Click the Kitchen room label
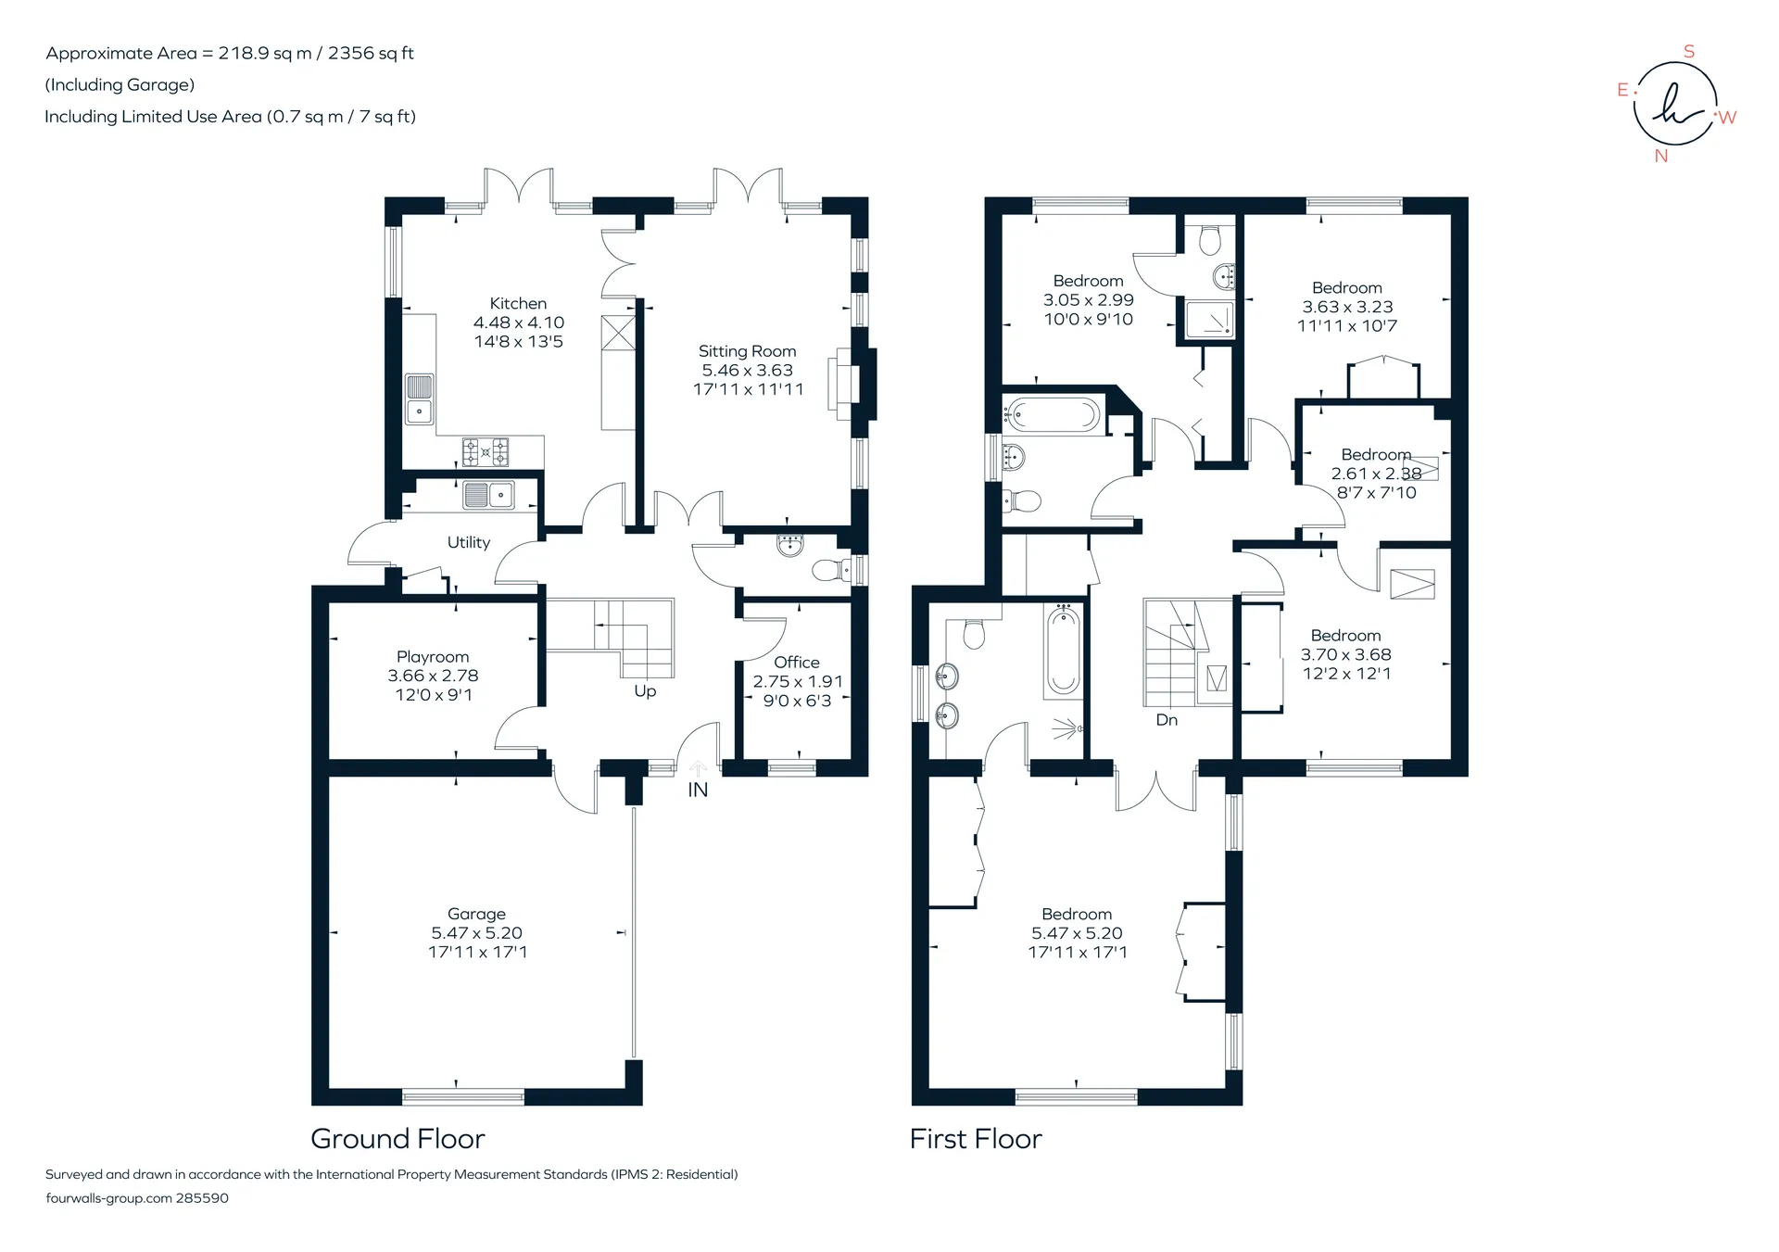(518, 303)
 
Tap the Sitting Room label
(747, 351)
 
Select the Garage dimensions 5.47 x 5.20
(476, 933)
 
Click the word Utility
(468, 542)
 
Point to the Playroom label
(433, 657)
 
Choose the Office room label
(797, 663)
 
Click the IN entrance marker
(698, 790)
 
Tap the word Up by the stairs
(645, 691)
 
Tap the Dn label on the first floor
(1167, 720)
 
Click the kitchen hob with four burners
(486, 451)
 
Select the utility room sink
(489, 496)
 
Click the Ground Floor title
(397, 1139)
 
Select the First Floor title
(976, 1139)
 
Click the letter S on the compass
(1689, 52)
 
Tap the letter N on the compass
(1661, 157)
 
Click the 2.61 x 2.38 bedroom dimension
(1376, 474)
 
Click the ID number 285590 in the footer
(202, 1198)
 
